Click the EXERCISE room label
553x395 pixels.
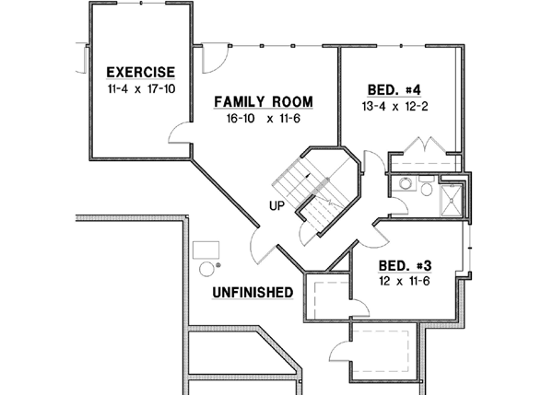140,72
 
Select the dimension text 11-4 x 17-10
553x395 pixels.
140,89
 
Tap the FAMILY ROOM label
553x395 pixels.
264,101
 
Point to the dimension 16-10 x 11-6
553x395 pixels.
264,119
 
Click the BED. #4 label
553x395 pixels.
394,89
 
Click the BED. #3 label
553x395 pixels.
406,261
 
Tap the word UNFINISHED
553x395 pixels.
253,293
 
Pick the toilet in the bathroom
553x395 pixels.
428,189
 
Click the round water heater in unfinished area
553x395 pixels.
207,269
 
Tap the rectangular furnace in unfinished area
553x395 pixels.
206,249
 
